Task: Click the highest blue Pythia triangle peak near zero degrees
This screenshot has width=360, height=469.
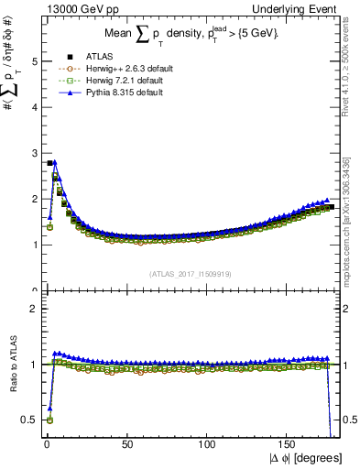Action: [x=54, y=161]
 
